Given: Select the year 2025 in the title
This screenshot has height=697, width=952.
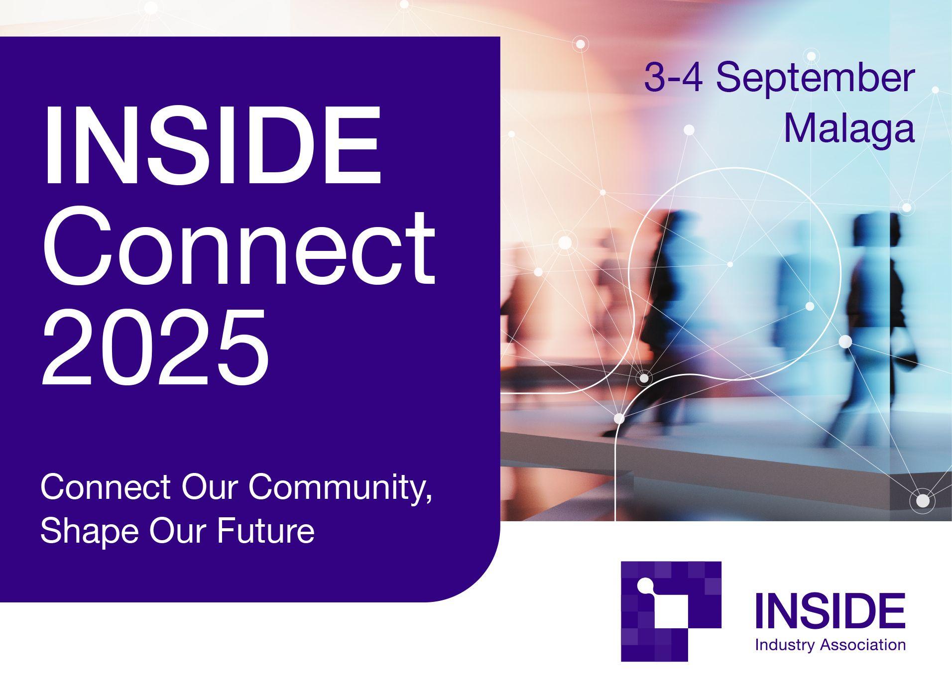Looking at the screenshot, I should pos(155,347).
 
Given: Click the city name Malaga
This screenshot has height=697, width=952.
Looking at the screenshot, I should pos(849,128).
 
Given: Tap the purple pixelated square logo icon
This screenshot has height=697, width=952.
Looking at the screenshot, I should pos(671,611).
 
